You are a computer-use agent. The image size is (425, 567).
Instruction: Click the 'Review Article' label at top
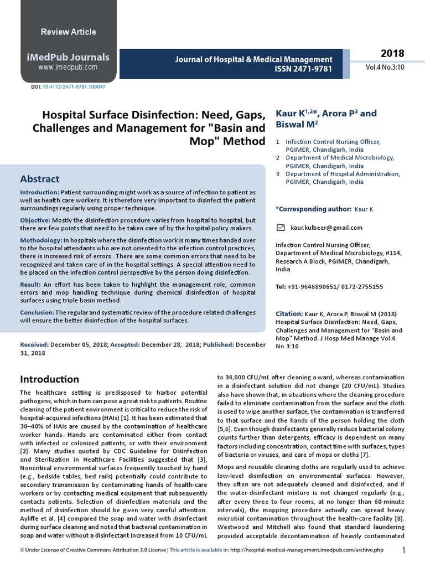tap(69, 32)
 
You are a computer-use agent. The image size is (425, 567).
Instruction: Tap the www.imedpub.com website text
tap(68, 67)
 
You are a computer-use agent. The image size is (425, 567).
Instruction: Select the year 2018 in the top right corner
tap(392, 54)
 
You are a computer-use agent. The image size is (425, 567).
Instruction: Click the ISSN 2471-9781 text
tap(299, 69)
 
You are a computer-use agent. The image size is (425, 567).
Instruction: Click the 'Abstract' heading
tap(39, 179)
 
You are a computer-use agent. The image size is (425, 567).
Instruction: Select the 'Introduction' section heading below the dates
tap(50, 379)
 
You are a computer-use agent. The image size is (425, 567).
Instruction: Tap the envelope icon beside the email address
tap(281, 228)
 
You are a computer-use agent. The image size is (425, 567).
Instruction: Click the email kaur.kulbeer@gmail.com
tap(326, 228)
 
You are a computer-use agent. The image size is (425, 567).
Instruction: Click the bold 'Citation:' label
tap(289, 313)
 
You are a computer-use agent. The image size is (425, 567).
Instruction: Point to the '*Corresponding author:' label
tap(313, 209)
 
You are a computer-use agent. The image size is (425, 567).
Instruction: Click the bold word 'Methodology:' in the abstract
tap(42, 241)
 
